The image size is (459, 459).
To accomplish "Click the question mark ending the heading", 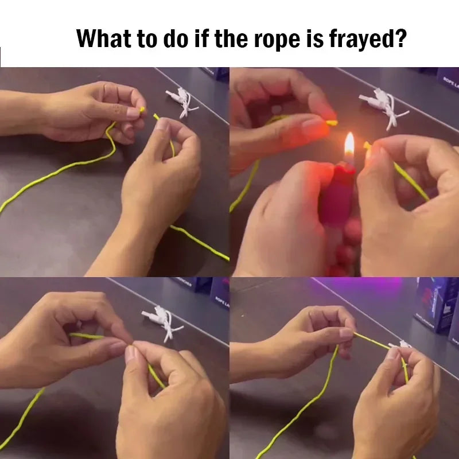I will [x=401, y=38].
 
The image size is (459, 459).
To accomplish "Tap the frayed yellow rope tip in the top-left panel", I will [x=142, y=110].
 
